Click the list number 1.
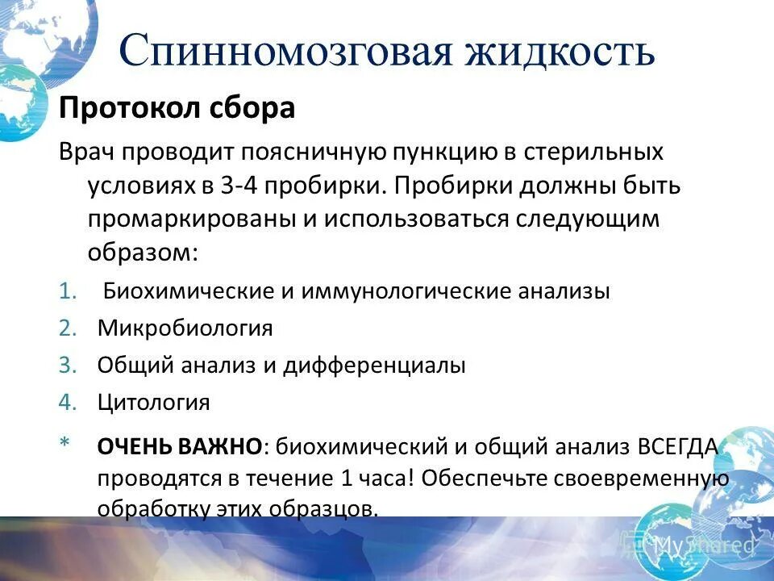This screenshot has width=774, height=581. pos(67,291)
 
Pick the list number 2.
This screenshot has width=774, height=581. pos(67,328)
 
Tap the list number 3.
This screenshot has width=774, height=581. pos(67,365)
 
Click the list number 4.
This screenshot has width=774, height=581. pos(67,402)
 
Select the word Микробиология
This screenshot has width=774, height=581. pos(185,328)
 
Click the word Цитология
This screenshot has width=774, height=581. pos(154,402)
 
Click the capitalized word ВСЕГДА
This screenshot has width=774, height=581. pos(677,445)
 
